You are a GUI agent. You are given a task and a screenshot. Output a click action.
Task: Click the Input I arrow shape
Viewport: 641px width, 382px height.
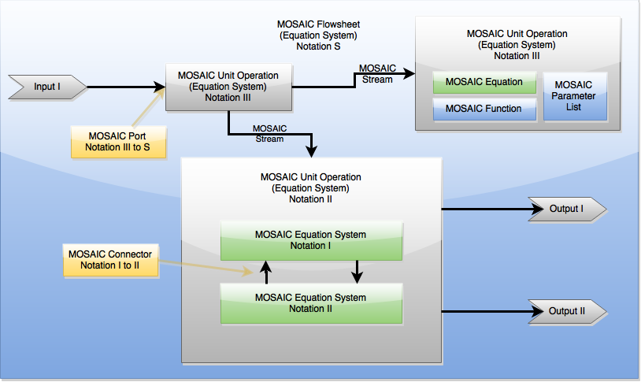pos(46,86)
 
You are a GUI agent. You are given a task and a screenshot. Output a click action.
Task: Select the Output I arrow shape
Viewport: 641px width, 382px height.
pos(566,210)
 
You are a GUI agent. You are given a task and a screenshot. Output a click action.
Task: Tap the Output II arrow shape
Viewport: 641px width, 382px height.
pos(566,311)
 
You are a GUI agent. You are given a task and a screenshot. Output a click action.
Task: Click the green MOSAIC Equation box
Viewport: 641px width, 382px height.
pos(484,82)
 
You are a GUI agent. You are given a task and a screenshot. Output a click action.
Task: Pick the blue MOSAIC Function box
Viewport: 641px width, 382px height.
pos(484,109)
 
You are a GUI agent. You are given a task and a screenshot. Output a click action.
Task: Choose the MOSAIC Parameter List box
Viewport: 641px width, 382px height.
pos(574,95)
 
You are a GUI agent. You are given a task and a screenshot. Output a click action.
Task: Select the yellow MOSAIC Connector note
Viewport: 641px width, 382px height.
pos(109,260)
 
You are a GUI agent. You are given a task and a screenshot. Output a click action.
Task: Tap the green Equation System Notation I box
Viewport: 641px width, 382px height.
pos(311,240)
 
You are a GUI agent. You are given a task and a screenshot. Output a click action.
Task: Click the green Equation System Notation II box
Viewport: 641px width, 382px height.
pos(311,303)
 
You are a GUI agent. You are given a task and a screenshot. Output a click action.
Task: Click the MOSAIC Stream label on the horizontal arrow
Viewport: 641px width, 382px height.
pos(377,73)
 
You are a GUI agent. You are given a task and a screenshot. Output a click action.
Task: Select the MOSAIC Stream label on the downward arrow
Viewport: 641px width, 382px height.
pos(269,133)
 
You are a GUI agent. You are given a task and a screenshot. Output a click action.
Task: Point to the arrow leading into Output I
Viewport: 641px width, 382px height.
pos(488,210)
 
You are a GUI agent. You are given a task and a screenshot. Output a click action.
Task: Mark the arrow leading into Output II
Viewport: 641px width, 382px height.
pos(488,311)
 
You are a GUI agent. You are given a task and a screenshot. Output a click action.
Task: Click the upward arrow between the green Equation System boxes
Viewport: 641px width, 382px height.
pos(266,272)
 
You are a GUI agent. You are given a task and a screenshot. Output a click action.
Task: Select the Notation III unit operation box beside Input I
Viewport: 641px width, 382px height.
pos(228,87)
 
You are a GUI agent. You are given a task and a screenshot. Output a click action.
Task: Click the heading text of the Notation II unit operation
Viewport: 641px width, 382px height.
pos(311,187)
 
